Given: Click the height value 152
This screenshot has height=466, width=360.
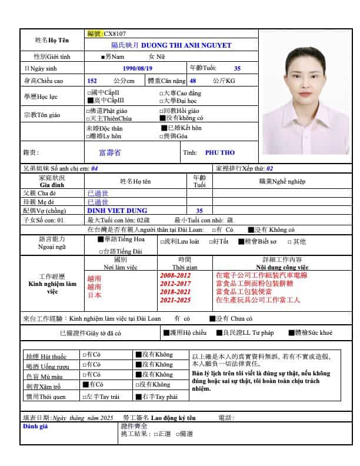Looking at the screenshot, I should coord(92,81).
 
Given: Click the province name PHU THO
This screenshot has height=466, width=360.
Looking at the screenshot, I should coord(215,152).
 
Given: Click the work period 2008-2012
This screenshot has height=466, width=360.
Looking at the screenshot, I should coord(175,275).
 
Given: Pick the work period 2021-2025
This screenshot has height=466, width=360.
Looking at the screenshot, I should coord(175,300).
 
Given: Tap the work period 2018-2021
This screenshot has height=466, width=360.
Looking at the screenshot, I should coord(175,292).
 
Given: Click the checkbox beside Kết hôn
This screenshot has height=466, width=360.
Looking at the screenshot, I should coord(164,128).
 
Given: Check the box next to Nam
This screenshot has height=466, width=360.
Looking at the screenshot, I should coord(104,57).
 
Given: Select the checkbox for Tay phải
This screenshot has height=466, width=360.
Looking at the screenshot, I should coord(138,396).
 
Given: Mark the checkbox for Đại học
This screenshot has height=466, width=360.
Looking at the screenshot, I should coord(162,101).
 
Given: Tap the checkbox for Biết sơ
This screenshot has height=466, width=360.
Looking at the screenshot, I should coord(241,241).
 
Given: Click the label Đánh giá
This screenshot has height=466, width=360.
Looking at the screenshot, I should coord(34,426).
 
